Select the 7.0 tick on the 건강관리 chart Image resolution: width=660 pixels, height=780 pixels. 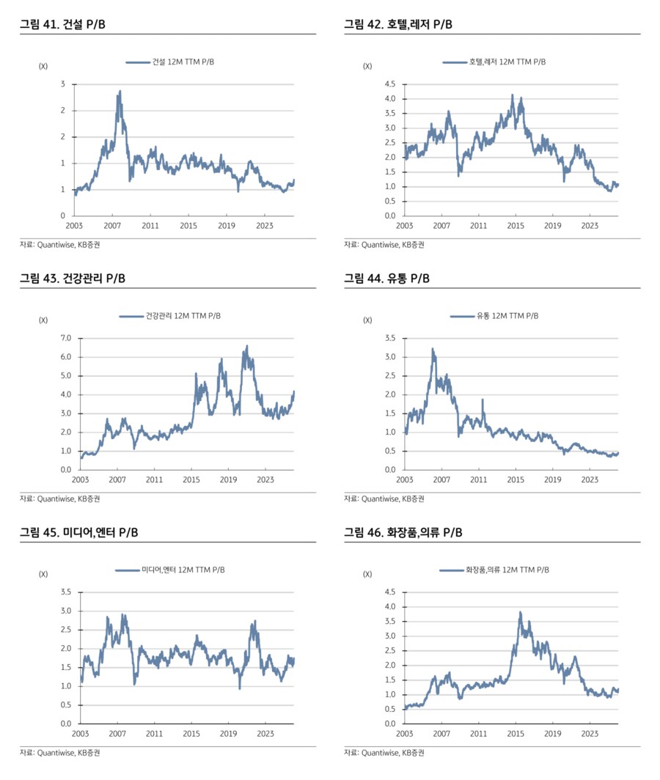pos(65,338)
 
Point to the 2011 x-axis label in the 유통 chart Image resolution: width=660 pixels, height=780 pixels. pos(478,479)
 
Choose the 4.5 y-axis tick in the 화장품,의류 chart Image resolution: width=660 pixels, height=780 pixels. pos(389,592)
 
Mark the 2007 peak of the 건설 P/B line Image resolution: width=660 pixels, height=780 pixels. pos(120,92)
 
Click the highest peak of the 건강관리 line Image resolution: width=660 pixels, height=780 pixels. pos(247,346)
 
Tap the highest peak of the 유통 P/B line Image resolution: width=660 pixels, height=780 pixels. pos(433,349)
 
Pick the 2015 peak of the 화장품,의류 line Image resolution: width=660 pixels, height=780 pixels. pos(521,612)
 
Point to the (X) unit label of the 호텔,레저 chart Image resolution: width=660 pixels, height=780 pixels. pos(367,67)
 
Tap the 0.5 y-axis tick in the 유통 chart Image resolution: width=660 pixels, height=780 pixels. pos(389,451)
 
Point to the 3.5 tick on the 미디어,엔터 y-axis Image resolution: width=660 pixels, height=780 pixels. pos(65,592)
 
